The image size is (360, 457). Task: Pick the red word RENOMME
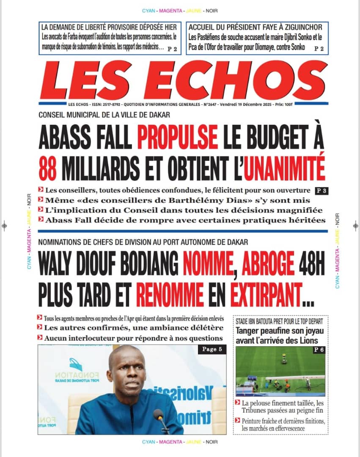click(x=170, y=295)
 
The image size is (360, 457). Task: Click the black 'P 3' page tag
click(x=321, y=190)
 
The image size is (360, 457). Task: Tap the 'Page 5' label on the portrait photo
click(x=212, y=350)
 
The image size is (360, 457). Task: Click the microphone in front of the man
click(x=160, y=416)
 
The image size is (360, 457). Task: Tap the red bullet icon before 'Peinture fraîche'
click(x=238, y=421)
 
